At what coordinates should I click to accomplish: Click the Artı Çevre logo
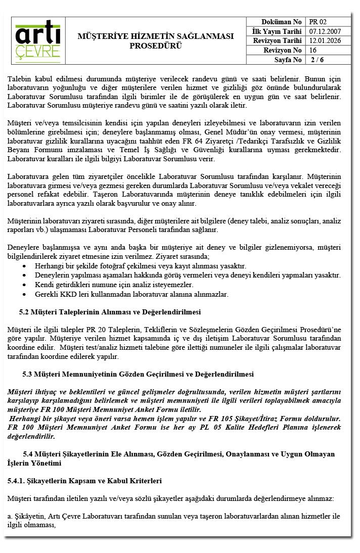pos(37,40)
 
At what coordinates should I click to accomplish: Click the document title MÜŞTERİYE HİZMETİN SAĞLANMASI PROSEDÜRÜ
pos(155,40)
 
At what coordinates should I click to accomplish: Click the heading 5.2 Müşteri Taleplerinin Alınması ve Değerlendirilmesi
pos(110,312)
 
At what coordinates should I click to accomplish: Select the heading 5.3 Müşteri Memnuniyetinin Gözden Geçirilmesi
pos(138,375)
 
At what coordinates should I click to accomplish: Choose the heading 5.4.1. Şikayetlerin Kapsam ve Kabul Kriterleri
pos(84,480)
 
